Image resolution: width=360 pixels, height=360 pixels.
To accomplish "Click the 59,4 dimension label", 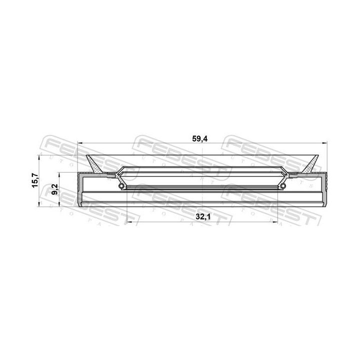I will point(200,139).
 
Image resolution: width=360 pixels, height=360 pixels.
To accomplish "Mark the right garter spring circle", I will point(283,187).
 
